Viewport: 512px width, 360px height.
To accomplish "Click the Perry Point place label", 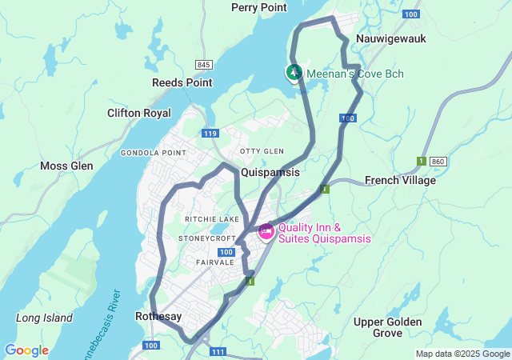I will [258, 7].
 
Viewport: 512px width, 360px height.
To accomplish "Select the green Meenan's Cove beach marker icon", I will [294, 73].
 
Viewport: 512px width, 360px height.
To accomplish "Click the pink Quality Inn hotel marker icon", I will [266, 231].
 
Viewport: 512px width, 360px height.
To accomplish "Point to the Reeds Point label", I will [182, 82].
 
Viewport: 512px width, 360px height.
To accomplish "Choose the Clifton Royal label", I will [139, 113].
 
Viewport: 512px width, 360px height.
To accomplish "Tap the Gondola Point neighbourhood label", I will [153, 152].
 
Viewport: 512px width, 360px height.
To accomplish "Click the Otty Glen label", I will [262, 151].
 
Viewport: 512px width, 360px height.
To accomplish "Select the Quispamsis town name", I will [270, 172].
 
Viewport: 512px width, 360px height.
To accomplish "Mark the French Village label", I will [400, 180].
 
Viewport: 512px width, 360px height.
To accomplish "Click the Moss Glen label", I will [66, 166].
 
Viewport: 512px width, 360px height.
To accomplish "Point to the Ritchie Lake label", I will [211, 219].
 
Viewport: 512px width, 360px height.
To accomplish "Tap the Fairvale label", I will [214, 262].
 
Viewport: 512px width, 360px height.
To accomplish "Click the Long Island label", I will [44, 318].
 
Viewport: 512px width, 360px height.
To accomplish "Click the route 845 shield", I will [203, 65].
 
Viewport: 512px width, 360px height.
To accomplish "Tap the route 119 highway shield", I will [210, 134].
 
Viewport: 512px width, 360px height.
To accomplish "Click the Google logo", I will [26, 350].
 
